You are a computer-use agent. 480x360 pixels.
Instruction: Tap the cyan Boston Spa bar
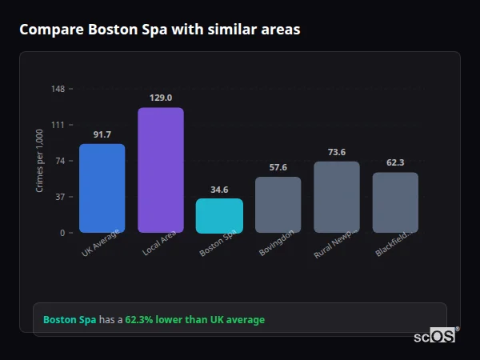tap(219, 215)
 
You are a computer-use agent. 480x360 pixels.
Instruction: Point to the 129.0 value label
tap(161, 98)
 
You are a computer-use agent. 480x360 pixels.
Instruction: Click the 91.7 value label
tap(102, 134)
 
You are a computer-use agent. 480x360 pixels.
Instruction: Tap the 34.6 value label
tap(219, 190)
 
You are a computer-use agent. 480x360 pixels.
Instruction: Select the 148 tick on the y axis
tap(58, 89)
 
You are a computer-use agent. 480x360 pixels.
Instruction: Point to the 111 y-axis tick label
tap(58, 125)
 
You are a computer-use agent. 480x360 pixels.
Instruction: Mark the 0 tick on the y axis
tap(62, 233)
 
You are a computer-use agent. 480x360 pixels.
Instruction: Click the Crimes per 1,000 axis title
tap(39, 160)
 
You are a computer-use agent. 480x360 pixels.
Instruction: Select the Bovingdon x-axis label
tap(278, 242)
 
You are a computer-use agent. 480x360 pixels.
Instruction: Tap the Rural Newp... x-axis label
tap(335, 243)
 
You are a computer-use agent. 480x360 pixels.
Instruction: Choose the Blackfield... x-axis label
tap(394, 242)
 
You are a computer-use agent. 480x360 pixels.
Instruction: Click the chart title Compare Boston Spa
tap(160, 30)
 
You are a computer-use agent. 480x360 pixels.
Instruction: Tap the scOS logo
tap(434, 336)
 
